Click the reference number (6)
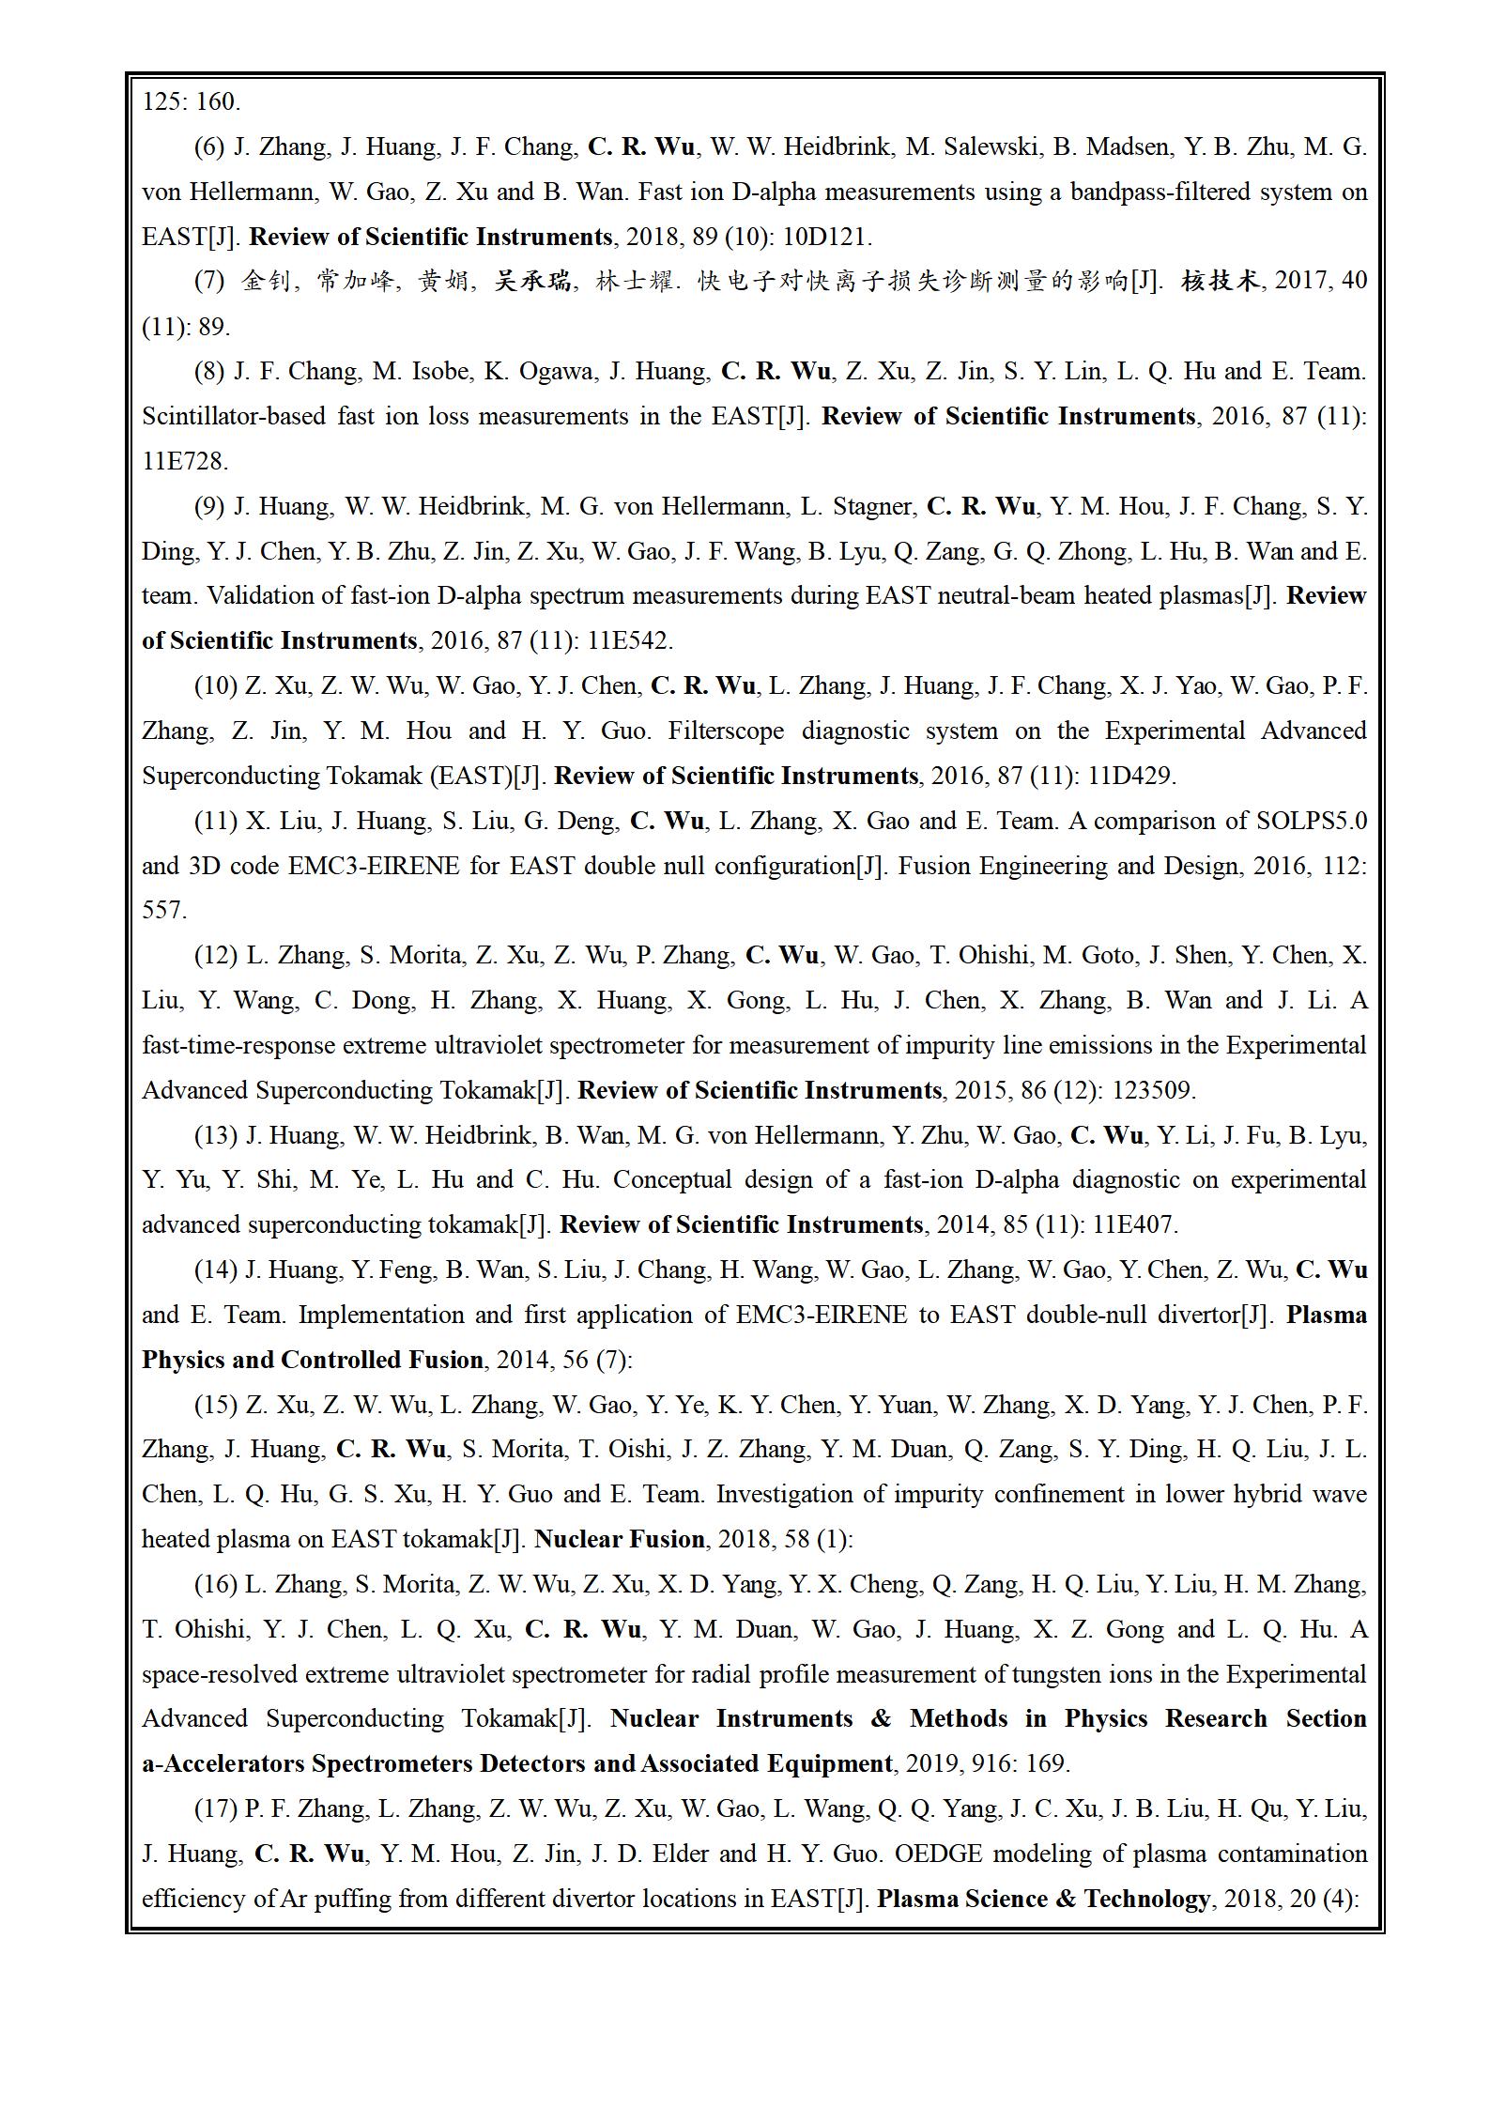[x=209, y=147]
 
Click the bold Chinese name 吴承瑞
[x=532, y=282]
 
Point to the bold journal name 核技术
[x=1220, y=282]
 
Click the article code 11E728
[x=185, y=462]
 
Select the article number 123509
[x=1154, y=1091]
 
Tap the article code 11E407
[x=1135, y=1225]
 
